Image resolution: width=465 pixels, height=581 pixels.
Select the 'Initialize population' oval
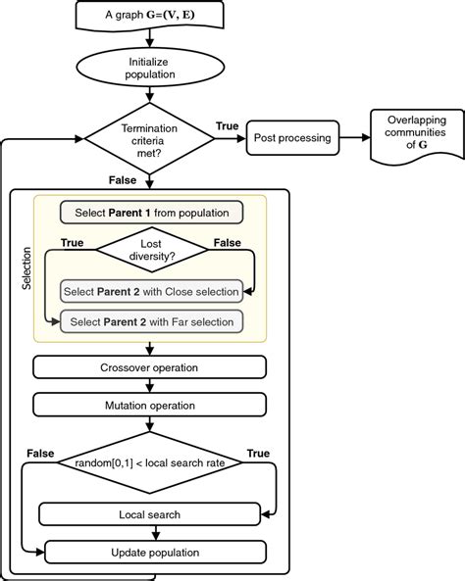pos(149,70)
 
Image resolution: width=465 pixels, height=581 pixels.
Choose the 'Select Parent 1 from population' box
pos(150,212)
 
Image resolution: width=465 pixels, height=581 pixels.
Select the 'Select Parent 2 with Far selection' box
pos(150,320)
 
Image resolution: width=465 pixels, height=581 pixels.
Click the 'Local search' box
pos(149,512)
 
